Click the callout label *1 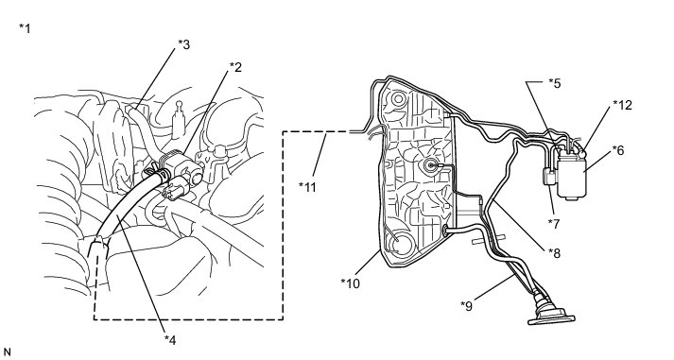[x=25, y=28]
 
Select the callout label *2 [x=235, y=67]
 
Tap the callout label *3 [x=184, y=44]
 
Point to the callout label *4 [x=170, y=340]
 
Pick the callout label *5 [x=555, y=83]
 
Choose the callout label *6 [x=617, y=150]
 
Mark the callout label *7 [x=554, y=223]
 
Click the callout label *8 [x=555, y=253]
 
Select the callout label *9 [x=466, y=306]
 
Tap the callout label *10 [x=351, y=283]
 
